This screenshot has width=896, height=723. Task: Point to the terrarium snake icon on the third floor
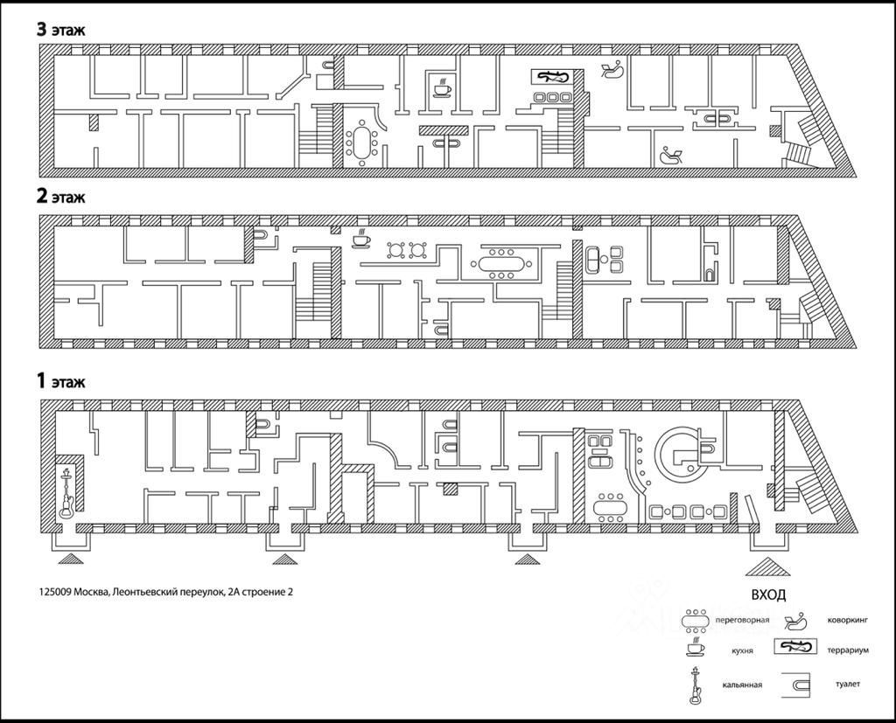click(x=552, y=76)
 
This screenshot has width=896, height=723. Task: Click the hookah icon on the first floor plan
click(x=67, y=492)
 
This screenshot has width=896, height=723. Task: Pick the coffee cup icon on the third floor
click(x=442, y=87)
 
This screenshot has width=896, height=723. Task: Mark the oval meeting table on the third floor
click(x=361, y=142)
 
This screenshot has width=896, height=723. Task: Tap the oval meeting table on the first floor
click(x=610, y=506)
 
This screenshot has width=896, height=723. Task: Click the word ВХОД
click(x=768, y=594)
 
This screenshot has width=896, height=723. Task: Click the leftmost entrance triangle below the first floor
click(x=70, y=559)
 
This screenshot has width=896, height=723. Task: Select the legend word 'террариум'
click(x=847, y=650)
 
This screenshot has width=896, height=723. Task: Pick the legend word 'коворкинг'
click(x=847, y=619)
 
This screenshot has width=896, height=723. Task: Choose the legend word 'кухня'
click(x=742, y=650)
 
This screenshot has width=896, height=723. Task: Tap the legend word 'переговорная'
click(x=742, y=620)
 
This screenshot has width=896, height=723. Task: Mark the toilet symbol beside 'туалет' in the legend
click(x=796, y=685)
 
